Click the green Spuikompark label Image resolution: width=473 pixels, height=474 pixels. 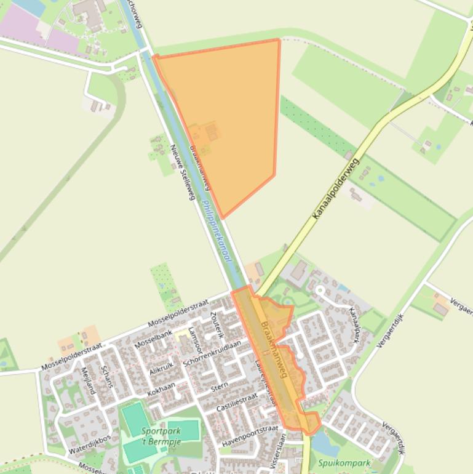coord(344,463)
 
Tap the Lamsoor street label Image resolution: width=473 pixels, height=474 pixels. coord(196,340)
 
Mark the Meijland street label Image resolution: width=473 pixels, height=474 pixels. coord(88,380)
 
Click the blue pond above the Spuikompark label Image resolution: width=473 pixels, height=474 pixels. coord(322,442)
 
